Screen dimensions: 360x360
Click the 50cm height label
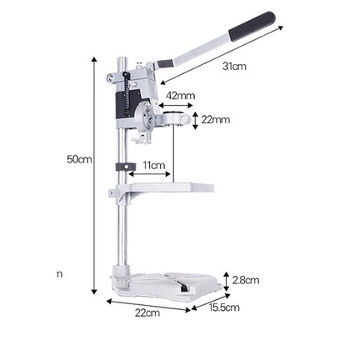[x=79, y=159]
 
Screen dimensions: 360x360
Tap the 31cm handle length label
[x=234, y=66]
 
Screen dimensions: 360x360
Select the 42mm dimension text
[x=180, y=96]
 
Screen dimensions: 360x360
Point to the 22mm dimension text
[x=215, y=120]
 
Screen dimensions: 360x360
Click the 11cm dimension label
[x=154, y=166]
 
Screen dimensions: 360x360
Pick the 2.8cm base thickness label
[x=246, y=280]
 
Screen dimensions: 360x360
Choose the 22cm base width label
[x=147, y=312]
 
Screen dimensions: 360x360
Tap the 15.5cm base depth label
[x=224, y=307]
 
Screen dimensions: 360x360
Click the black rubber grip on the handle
[x=252, y=26]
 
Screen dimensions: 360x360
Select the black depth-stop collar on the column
[x=126, y=167]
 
